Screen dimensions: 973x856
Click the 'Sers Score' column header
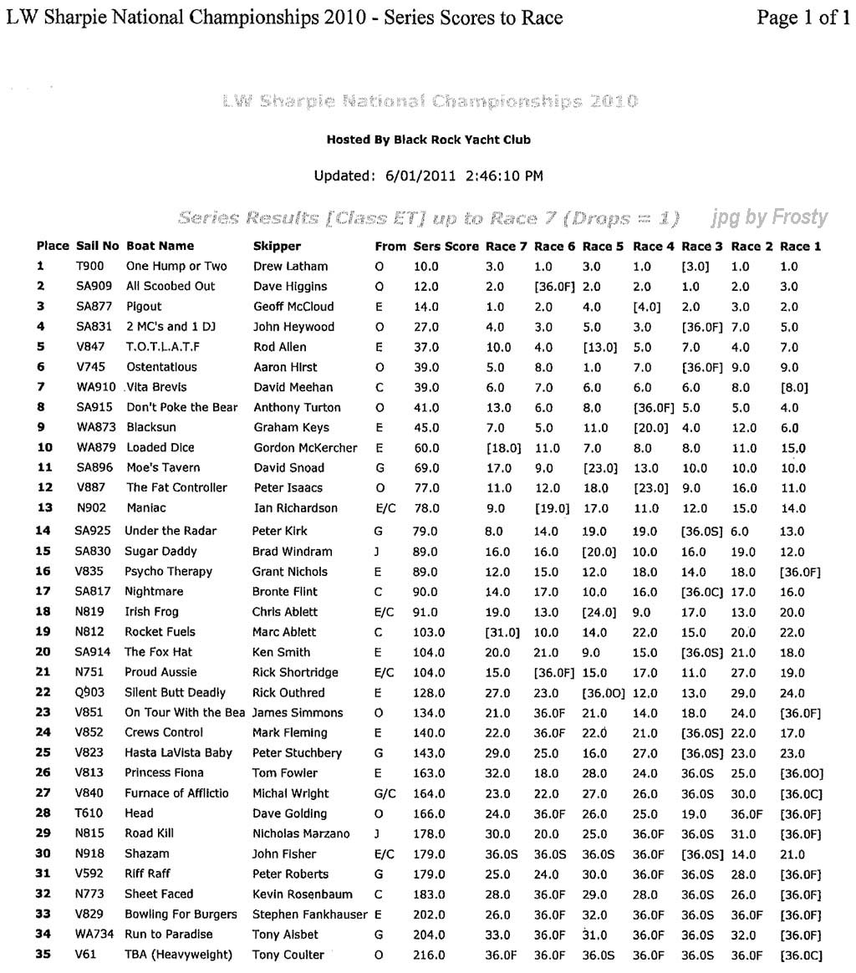pyautogui.click(x=446, y=247)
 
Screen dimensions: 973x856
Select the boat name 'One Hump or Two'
pyautogui.click(x=176, y=267)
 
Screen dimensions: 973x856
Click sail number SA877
pyautogui.click(x=93, y=307)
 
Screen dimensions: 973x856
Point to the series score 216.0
pyautogui.click(x=429, y=955)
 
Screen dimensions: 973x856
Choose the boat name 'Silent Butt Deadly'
pyautogui.click(x=176, y=693)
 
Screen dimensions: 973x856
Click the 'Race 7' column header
pyautogui.click(x=506, y=247)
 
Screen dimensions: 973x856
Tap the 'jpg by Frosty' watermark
pyautogui.click(x=769, y=219)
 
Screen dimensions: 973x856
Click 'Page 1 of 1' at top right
pyautogui.click(x=802, y=18)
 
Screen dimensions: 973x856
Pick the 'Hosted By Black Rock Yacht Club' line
pyautogui.click(x=428, y=140)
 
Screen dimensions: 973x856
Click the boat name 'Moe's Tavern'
pyautogui.click(x=163, y=468)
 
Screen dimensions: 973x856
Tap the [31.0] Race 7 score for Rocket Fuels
pyautogui.click(x=502, y=633)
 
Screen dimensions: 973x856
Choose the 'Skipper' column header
pyautogui.click(x=277, y=247)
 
